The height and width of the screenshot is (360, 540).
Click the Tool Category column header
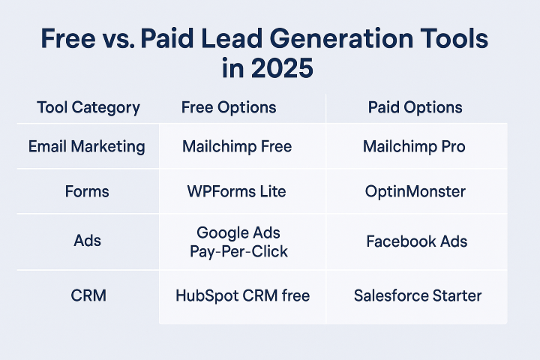(88, 107)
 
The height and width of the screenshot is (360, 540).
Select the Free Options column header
(229, 107)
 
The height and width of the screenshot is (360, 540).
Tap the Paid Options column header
(415, 107)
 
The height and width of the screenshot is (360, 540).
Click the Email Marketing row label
(87, 146)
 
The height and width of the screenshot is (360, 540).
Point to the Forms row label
(87, 191)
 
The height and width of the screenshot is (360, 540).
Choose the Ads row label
(88, 241)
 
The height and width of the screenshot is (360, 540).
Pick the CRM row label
(88, 295)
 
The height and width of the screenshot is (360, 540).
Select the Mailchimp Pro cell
(414, 146)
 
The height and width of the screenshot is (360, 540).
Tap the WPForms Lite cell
(236, 191)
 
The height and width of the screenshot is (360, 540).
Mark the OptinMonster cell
(415, 191)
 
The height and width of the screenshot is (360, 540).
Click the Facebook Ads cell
(417, 241)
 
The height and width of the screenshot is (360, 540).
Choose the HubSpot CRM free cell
(242, 295)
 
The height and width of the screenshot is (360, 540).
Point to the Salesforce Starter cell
(418, 295)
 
